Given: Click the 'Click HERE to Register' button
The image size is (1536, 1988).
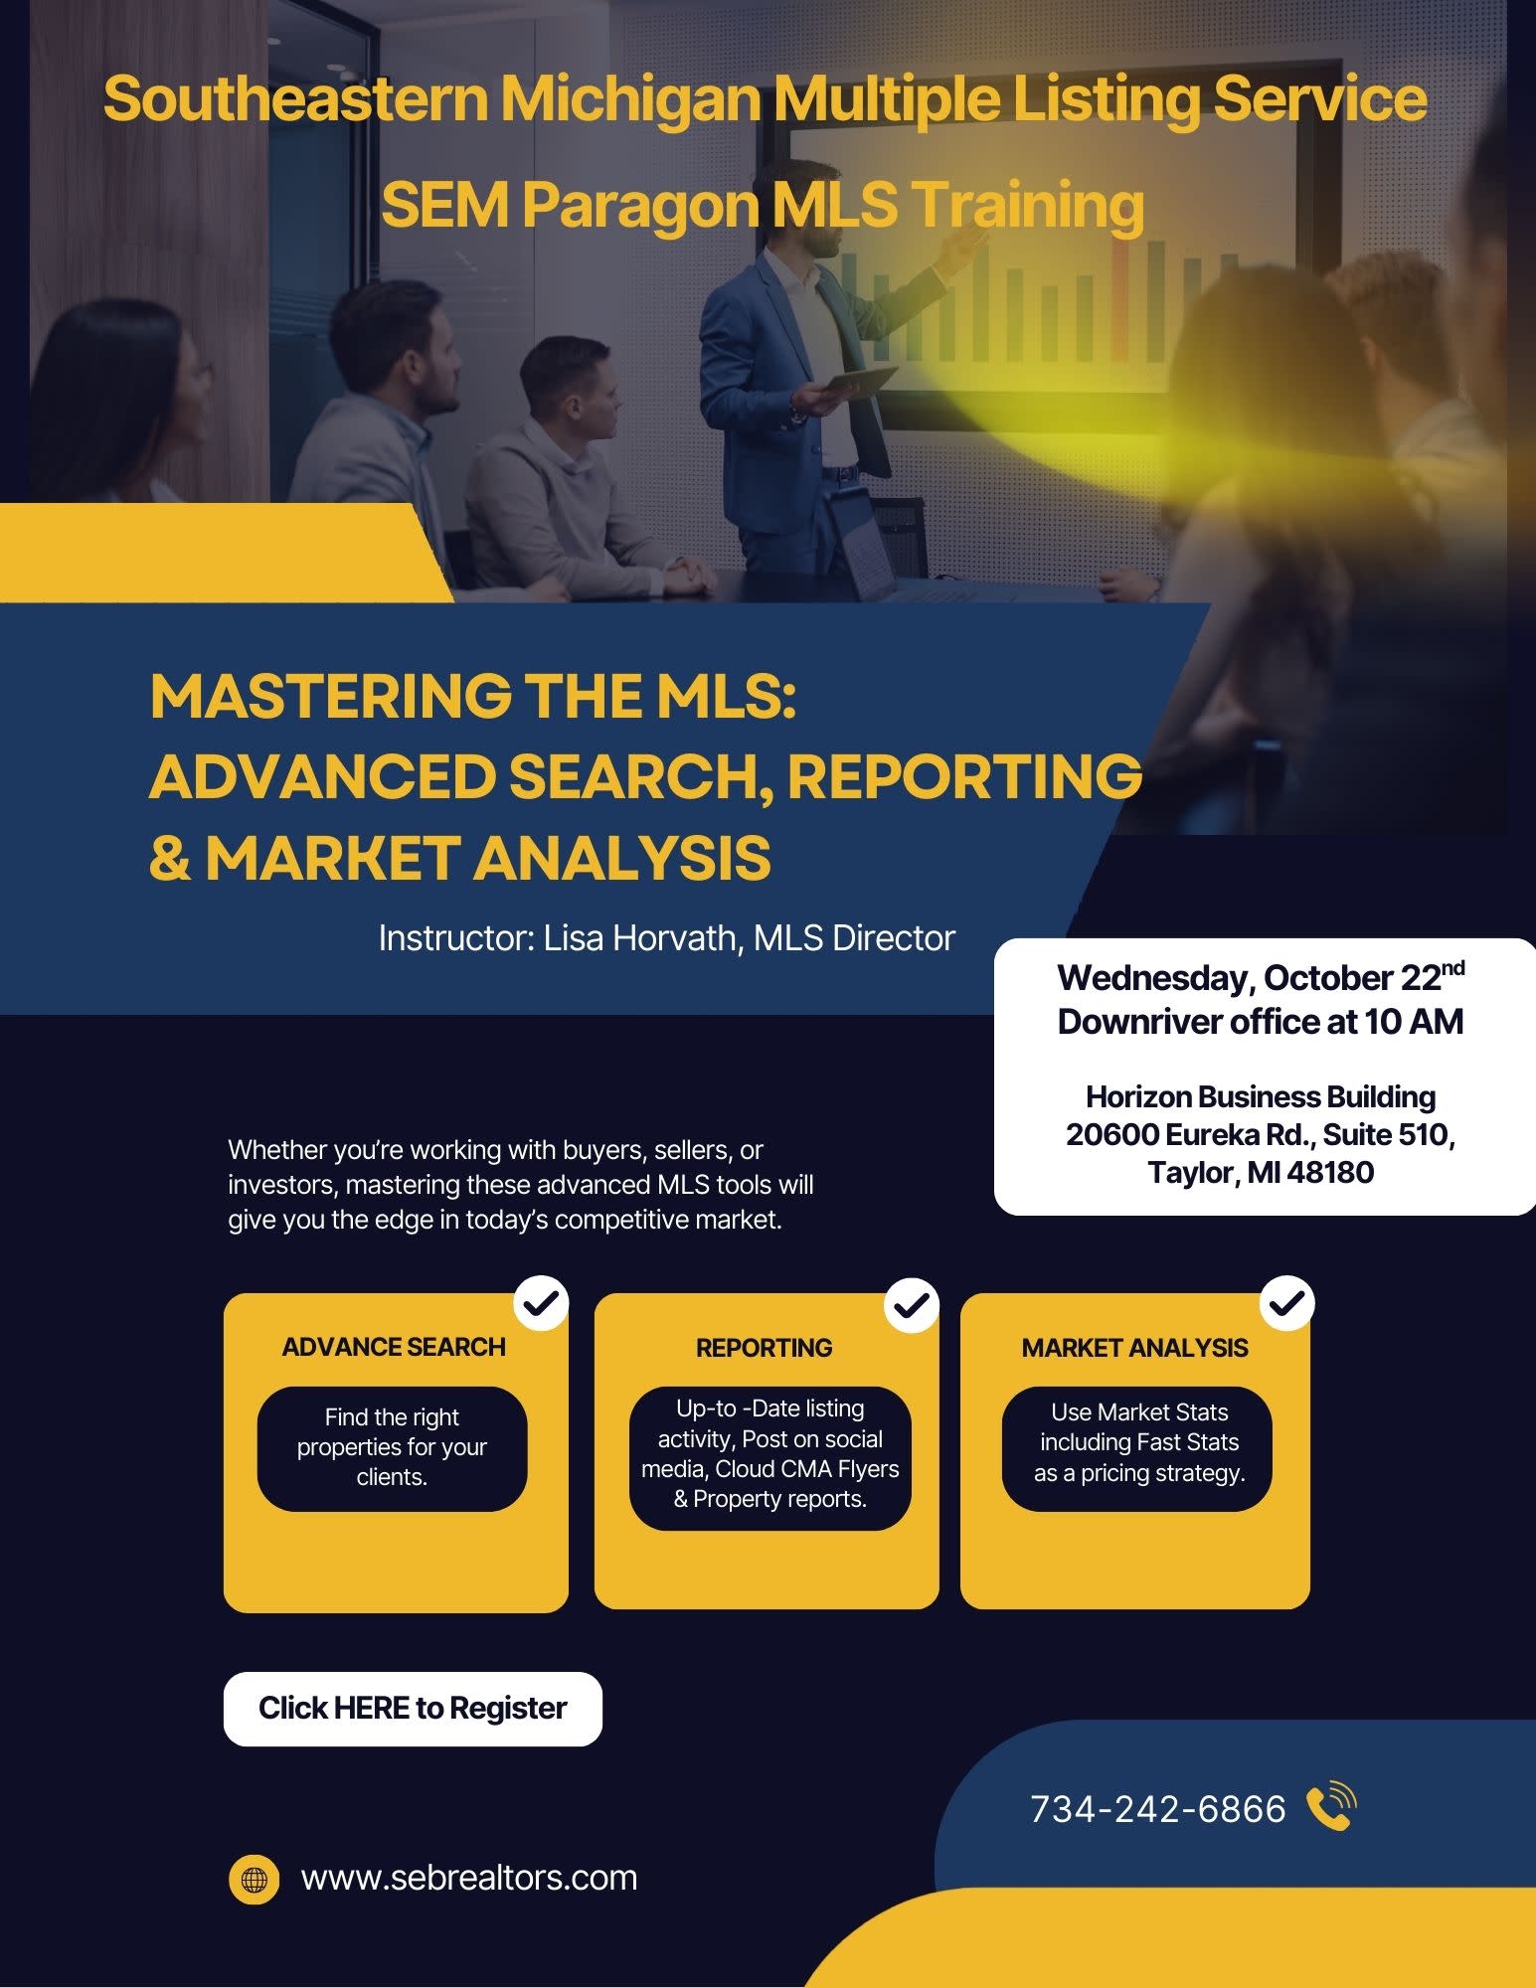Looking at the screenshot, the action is [x=413, y=1709].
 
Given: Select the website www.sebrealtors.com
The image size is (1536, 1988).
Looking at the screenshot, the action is [x=469, y=1878].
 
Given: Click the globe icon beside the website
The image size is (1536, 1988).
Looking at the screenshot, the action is [x=255, y=1879].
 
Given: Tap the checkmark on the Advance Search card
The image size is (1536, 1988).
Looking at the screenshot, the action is [x=541, y=1303].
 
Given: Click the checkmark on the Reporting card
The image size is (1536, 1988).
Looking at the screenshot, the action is [x=912, y=1303].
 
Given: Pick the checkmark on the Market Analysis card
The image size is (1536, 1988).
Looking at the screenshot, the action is [x=1287, y=1303].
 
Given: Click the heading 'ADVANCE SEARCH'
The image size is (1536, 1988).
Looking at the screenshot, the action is [x=394, y=1347].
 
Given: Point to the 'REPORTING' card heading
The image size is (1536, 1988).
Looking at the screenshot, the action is [x=765, y=1348].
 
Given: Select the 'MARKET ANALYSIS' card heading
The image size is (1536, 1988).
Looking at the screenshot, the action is [x=1135, y=1348].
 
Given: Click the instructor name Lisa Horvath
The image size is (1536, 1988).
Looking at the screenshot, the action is [x=638, y=938].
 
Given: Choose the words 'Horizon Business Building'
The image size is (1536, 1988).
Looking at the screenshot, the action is [x=1261, y=1097].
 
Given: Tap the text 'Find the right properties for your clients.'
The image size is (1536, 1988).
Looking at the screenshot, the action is [x=392, y=1447].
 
